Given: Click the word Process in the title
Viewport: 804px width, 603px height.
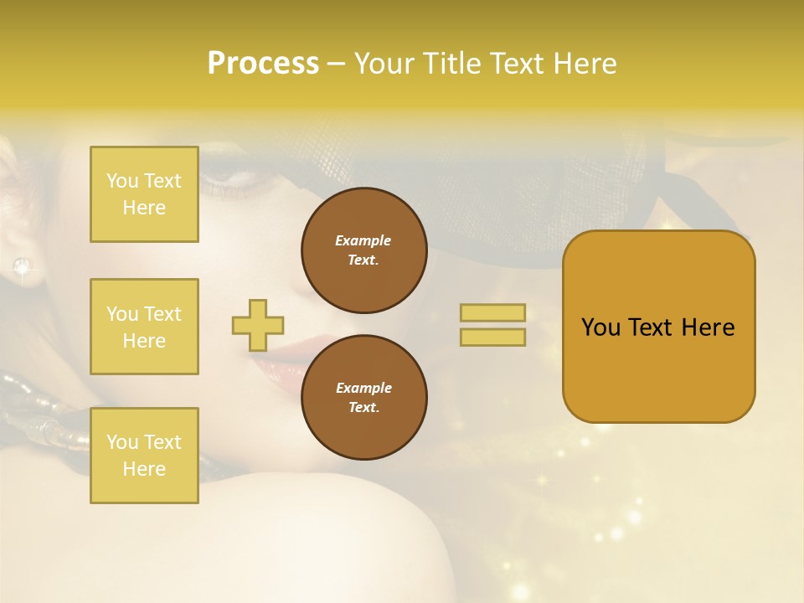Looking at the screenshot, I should [263, 63].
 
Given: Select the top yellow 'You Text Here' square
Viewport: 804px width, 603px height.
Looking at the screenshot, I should [144, 194].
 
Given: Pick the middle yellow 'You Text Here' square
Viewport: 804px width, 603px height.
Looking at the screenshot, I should [144, 327].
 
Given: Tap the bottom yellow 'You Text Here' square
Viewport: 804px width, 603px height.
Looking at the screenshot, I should [144, 456].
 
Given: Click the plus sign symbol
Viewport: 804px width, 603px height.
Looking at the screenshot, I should [258, 325].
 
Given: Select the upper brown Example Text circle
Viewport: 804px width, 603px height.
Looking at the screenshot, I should [363, 250].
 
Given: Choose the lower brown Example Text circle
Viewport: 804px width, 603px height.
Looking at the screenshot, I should [363, 398].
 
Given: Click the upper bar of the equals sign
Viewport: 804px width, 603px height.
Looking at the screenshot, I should [492, 312].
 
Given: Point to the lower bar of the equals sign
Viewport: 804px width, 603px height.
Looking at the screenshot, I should [492, 337].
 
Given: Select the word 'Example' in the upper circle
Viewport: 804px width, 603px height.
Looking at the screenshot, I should [363, 240].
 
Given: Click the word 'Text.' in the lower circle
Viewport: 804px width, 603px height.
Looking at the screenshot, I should [363, 407].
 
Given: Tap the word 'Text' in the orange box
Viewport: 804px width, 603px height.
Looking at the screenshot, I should [652, 327].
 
